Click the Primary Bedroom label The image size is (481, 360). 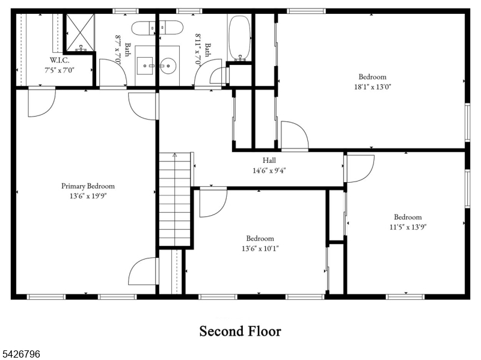[88, 186]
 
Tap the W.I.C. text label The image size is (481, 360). [60, 60]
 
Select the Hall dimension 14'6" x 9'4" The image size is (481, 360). [269, 171]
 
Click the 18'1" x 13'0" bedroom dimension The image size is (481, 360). [372, 87]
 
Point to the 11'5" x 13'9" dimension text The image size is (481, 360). [408, 227]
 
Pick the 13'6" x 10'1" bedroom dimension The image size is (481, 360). [260, 248]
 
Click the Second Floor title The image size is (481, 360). [240, 331]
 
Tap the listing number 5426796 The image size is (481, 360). [20, 354]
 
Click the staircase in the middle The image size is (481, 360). [175, 199]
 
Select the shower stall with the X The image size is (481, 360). [81, 32]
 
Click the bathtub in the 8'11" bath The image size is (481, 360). [240, 37]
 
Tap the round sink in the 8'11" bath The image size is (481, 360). [169, 66]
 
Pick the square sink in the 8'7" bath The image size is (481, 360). [144, 66]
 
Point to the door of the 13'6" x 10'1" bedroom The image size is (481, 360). [213, 203]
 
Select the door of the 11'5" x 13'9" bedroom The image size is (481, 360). [359, 169]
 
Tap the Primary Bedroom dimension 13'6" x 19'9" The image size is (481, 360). [88, 196]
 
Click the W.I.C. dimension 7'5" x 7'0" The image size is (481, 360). [60, 70]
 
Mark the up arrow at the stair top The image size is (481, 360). [175, 155]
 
